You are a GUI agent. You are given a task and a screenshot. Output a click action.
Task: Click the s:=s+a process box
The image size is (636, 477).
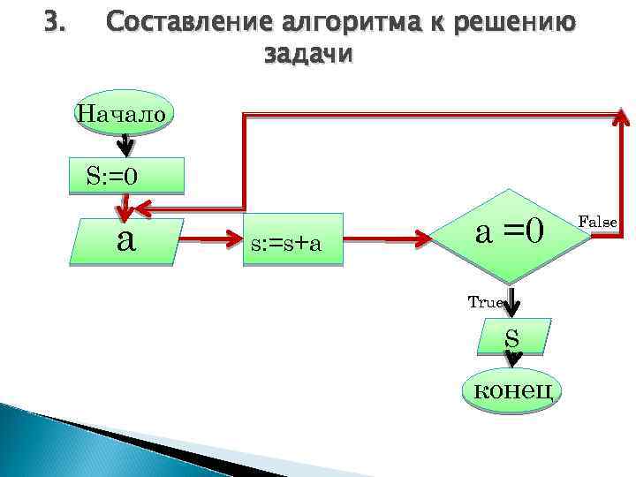pos(293,239)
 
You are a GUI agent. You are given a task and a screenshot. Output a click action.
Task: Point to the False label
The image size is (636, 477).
pos(597,222)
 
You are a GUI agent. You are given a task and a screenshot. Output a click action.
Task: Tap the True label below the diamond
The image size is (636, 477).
pos(485,302)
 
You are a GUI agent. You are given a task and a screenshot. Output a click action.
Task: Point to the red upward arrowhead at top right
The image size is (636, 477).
pos(621,118)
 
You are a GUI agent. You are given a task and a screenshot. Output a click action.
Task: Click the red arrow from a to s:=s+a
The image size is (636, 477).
pos(214,239)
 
